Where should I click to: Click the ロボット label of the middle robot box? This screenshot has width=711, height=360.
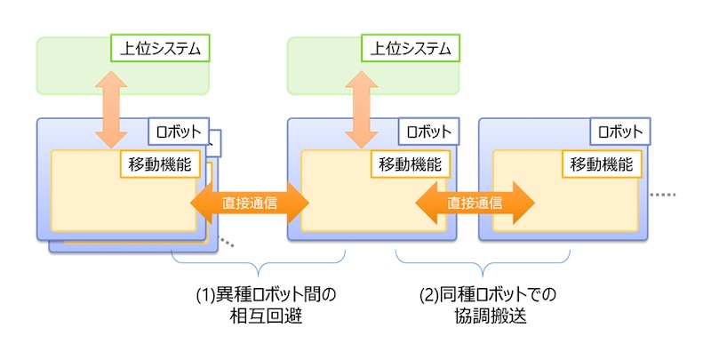coord(427,132)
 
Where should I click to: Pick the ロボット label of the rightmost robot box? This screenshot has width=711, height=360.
coord(619,132)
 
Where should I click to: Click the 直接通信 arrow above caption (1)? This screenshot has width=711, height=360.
coord(250,203)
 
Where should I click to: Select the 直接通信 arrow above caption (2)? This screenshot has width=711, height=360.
coord(475,203)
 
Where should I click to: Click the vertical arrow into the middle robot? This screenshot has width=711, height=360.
coord(361,106)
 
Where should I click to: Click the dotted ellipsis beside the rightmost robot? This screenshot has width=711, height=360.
coord(663,194)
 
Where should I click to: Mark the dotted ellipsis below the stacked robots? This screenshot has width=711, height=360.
coord(228,243)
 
